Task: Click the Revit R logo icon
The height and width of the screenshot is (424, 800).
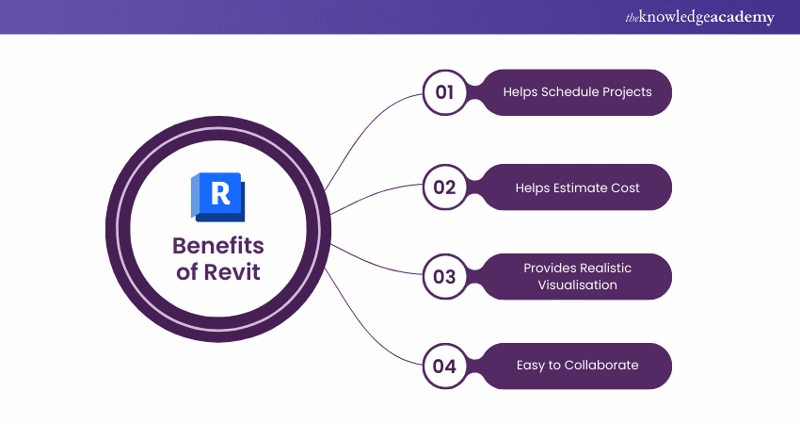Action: (217, 197)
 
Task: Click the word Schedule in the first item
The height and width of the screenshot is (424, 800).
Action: (567, 92)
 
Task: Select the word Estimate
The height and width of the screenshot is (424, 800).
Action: (580, 188)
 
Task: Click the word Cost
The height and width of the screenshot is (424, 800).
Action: (624, 188)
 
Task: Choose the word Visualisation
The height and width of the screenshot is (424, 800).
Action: (577, 285)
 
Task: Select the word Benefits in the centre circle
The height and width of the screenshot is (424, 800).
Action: (217, 247)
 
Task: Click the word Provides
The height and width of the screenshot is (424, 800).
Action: (550, 269)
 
